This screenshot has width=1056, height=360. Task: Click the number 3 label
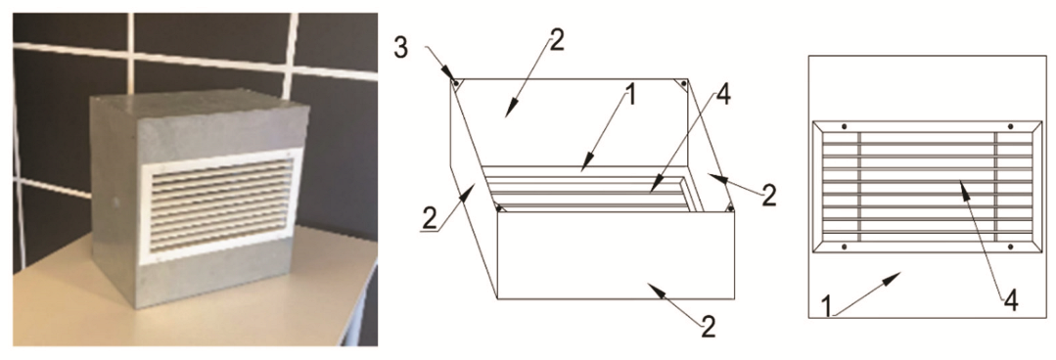coord(400,50)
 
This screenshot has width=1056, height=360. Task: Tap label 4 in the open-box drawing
coord(723,97)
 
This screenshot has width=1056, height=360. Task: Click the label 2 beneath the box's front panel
coord(708,328)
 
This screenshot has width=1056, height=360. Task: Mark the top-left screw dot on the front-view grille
coord(844,126)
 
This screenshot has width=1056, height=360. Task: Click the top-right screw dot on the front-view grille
coord(1010,126)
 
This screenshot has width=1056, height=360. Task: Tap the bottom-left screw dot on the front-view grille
coord(844,247)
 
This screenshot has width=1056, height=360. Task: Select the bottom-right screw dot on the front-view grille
coord(1010,247)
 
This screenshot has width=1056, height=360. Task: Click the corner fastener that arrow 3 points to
coord(457,84)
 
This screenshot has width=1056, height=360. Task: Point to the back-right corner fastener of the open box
coord(683,83)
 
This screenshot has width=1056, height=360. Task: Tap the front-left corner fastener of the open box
coord(499,208)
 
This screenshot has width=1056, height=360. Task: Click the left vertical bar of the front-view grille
coord(860,187)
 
